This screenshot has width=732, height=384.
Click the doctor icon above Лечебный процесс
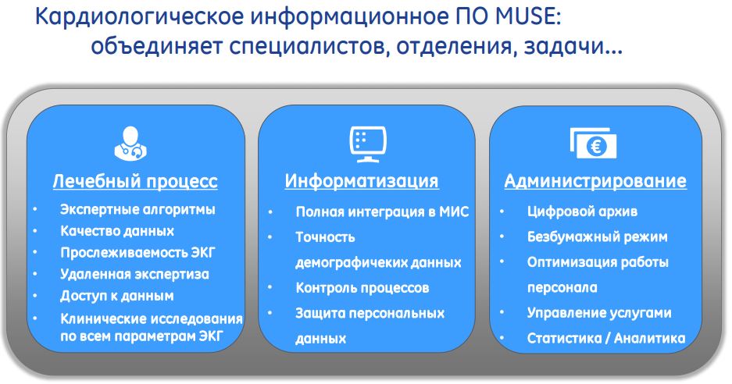130,144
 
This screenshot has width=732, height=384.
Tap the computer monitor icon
368,144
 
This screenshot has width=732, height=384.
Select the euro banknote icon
594,144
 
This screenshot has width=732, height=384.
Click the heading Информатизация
362,180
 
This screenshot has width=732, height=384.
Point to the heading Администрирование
595,180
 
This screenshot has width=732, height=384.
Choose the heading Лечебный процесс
135,181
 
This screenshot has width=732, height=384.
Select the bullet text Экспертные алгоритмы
137,209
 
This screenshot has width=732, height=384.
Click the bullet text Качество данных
117,231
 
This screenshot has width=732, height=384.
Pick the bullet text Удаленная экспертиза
134,274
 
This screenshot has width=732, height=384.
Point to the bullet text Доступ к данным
116,296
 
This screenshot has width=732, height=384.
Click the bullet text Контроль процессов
362,288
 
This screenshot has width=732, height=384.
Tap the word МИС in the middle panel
454,212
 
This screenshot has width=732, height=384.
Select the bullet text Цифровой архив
582,212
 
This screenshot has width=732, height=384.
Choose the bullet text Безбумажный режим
597,237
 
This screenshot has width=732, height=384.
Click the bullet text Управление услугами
599,313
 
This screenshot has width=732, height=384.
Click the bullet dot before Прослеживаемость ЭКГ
35,252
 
